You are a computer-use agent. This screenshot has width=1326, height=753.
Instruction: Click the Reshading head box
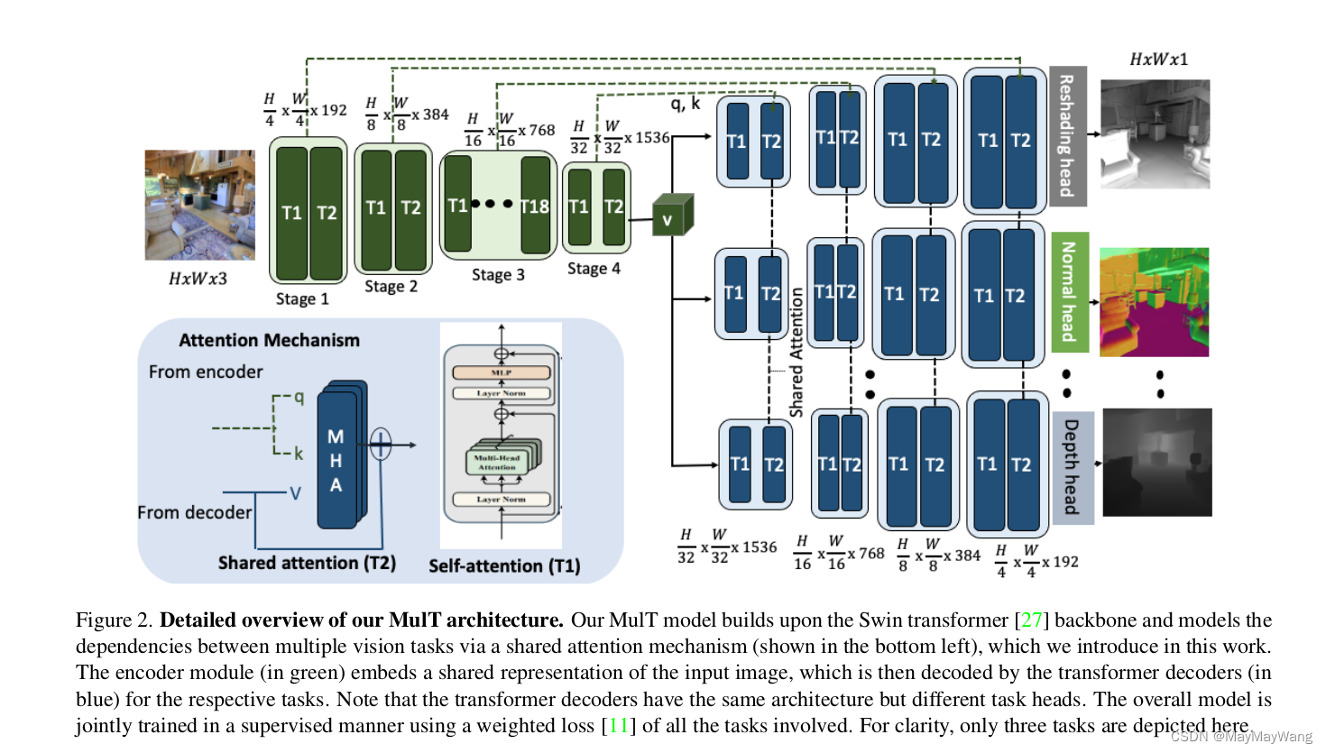click(x=1067, y=135)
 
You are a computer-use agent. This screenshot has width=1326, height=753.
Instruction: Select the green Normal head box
click(x=1069, y=291)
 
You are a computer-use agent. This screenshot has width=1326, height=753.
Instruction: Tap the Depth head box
click(x=1072, y=467)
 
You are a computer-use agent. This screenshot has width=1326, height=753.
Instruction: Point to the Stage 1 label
click(x=302, y=298)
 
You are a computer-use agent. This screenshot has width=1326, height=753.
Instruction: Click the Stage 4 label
click(x=594, y=269)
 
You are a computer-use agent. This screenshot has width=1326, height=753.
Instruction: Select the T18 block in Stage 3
click(x=535, y=207)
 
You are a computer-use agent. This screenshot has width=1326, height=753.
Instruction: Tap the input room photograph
click(x=199, y=205)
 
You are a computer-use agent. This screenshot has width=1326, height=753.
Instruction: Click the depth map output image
click(x=1156, y=463)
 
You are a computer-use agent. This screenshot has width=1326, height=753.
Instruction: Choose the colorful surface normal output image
click(x=1154, y=302)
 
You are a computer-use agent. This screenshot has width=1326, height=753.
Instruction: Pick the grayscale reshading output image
click(x=1155, y=133)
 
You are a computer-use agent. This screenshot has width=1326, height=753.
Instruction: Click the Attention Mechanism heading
click(x=269, y=340)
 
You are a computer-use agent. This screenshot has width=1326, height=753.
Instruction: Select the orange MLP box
click(x=501, y=372)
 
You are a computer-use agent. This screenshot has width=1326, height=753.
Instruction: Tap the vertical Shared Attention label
click(x=797, y=352)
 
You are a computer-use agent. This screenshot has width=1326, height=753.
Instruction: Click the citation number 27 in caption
click(x=1031, y=620)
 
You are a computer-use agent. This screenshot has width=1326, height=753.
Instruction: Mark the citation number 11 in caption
click(x=618, y=726)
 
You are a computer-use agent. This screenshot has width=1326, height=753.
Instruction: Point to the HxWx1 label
click(x=1158, y=60)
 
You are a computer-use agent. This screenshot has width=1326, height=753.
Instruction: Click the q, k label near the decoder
click(x=685, y=104)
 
